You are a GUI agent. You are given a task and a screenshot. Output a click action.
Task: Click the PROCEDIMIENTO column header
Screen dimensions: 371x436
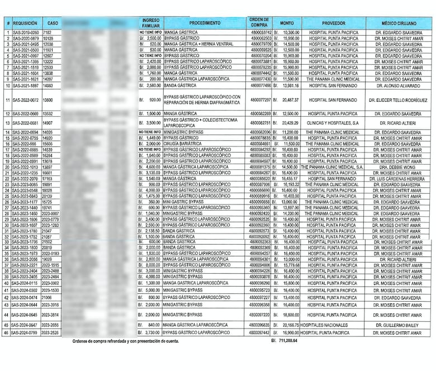coord(204,23)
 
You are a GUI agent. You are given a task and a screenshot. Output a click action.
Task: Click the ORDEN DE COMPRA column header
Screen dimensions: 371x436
coord(259,22)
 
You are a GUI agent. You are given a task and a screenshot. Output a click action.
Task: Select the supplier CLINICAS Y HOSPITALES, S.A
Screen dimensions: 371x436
coord(333,123)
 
